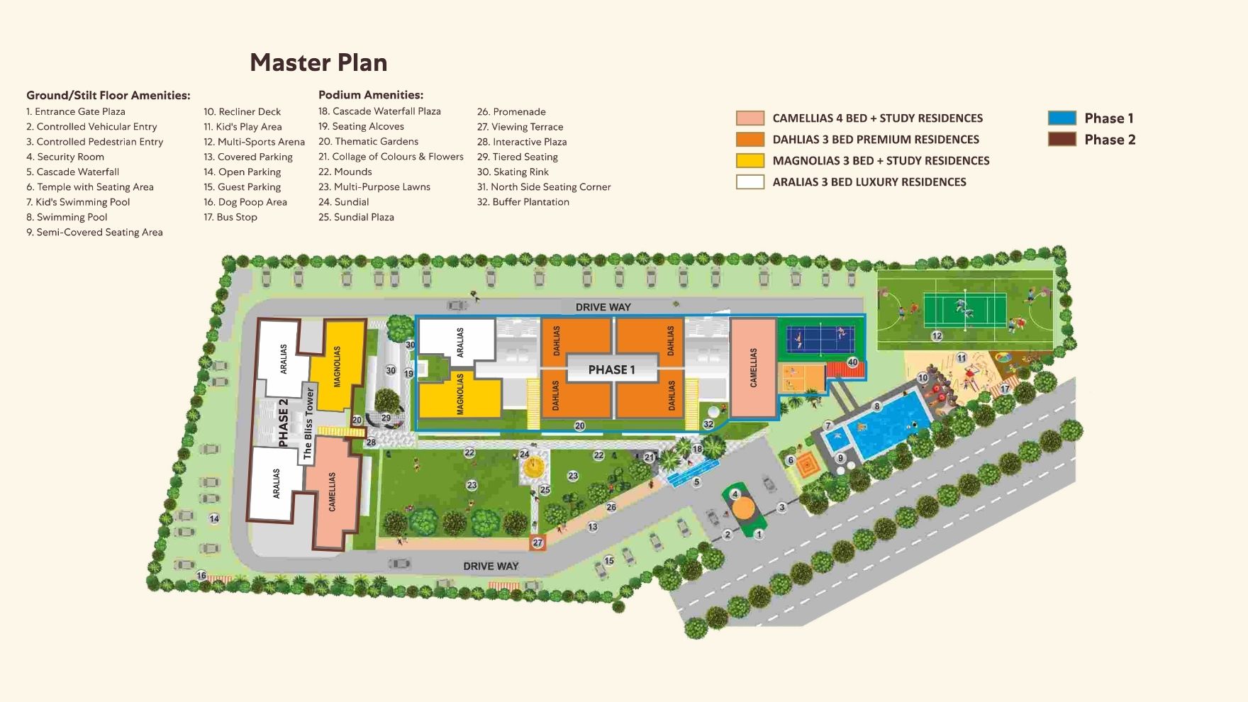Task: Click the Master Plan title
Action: point(318,62)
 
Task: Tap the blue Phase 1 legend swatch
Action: point(1062,118)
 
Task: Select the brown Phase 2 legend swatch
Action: point(1062,140)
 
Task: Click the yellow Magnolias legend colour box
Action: point(750,161)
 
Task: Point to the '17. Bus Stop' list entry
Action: point(230,217)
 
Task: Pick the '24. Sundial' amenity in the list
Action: point(343,202)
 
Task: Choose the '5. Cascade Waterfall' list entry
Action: point(72,172)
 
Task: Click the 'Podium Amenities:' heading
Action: point(370,95)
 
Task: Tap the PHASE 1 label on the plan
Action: point(611,369)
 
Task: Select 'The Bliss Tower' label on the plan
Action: point(308,423)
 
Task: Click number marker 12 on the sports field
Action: point(937,336)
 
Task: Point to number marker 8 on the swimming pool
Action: point(877,406)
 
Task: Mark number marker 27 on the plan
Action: point(537,542)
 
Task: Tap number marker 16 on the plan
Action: point(201,575)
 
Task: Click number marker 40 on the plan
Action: point(852,362)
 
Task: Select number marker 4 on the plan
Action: point(735,494)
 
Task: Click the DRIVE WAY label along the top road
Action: point(603,307)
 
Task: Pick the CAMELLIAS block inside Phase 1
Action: point(753,367)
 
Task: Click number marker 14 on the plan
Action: point(214,519)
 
